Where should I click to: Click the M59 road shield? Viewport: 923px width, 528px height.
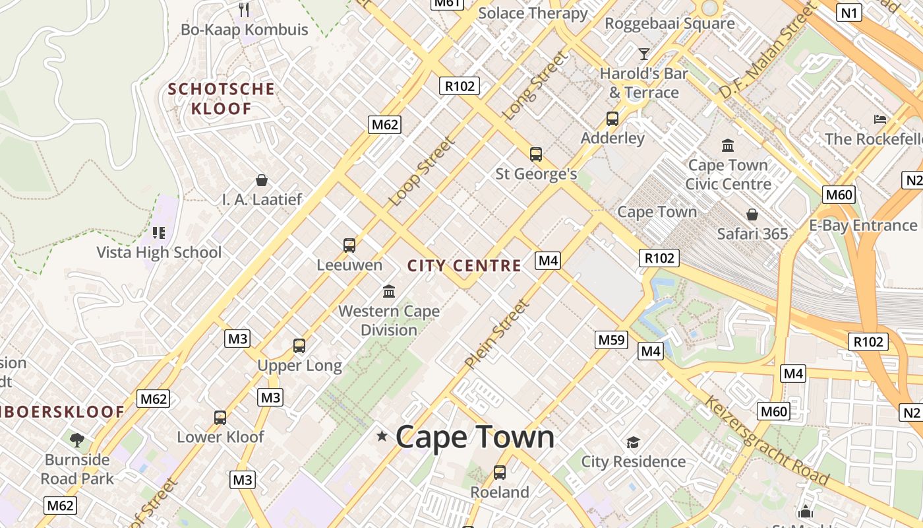(x=611, y=340)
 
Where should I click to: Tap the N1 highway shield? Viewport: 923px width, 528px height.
(x=850, y=12)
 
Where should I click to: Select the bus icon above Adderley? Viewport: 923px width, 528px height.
(x=612, y=119)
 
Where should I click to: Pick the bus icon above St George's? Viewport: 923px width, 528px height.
(x=536, y=154)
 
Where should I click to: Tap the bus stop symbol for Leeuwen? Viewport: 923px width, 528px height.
(x=349, y=246)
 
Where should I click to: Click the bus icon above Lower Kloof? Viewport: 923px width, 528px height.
(x=220, y=417)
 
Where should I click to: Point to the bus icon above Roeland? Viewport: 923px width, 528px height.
(x=500, y=473)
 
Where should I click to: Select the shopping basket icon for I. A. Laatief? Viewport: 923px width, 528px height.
(x=262, y=180)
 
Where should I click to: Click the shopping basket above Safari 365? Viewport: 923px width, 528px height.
(x=752, y=214)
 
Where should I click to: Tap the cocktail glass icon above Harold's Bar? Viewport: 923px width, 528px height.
(x=644, y=54)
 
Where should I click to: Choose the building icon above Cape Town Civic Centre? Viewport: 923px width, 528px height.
(x=728, y=145)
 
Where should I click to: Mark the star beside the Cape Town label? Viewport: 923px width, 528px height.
(x=382, y=436)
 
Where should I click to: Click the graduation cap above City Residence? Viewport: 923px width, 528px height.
(x=633, y=442)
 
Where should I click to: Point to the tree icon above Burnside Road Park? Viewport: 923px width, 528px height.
(x=77, y=439)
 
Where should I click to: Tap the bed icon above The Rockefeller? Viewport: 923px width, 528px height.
(x=880, y=119)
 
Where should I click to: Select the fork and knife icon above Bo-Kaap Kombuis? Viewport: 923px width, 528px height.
(x=244, y=9)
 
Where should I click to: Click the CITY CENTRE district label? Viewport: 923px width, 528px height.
(x=464, y=266)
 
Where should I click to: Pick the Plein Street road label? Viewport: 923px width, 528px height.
(x=496, y=334)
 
